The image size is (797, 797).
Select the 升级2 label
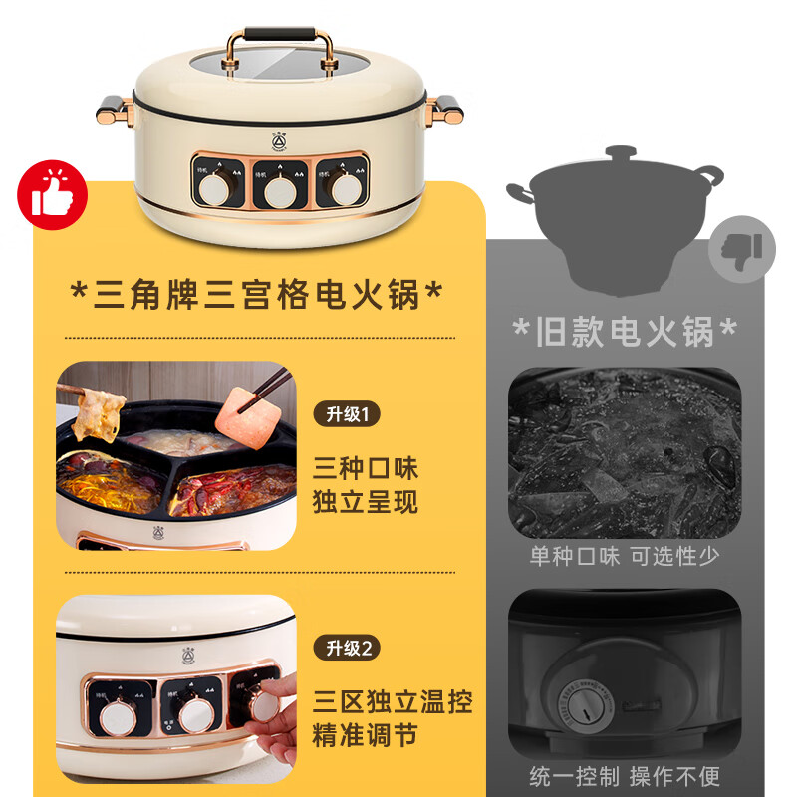348,649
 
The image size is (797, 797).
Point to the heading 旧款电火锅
625,331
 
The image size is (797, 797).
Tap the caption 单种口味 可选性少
625,556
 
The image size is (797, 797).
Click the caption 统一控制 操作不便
625,775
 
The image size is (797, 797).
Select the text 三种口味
365,467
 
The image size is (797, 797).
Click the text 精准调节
365,736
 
